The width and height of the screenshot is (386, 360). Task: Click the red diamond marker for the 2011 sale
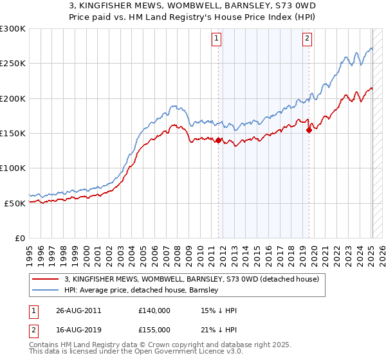[x=219, y=140]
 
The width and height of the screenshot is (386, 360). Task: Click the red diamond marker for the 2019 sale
[x=309, y=130]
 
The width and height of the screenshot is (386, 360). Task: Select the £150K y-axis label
[x=13, y=133]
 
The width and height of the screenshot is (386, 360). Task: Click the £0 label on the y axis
[x=19, y=238]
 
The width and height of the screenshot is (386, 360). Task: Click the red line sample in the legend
[x=46, y=278]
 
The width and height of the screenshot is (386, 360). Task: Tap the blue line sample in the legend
[x=46, y=290]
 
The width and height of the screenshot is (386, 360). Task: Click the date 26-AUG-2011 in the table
[x=78, y=310]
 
